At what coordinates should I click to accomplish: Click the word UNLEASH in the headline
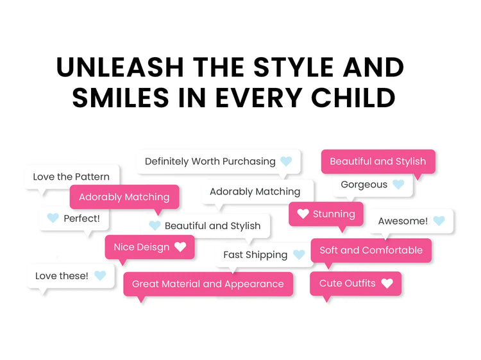point(120,67)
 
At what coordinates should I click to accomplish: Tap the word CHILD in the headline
point(353,98)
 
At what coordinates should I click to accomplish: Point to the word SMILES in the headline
point(121,98)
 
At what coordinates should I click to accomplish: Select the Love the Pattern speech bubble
point(72,177)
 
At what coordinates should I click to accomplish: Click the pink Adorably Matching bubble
point(124,197)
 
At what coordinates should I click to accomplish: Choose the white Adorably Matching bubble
point(258,192)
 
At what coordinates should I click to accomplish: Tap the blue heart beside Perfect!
point(53,218)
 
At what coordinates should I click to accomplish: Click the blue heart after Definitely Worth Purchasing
point(286,161)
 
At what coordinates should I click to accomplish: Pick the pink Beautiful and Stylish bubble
point(378,162)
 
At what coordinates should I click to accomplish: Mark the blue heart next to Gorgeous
point(398,184)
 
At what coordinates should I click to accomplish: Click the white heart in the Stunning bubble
point(303,214)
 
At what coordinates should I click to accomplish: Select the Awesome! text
point(403,221)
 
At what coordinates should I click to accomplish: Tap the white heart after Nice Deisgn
point(180,246)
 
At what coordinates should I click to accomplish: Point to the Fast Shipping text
point(255,255)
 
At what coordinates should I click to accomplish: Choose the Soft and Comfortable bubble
point(371,250)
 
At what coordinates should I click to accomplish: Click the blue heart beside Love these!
point(100,275)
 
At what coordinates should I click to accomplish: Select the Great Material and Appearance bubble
point(208,284)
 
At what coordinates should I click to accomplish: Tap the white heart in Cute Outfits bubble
point(387,283)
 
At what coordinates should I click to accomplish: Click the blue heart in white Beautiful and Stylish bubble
point(155,226)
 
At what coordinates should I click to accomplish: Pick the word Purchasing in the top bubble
point(249,162)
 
